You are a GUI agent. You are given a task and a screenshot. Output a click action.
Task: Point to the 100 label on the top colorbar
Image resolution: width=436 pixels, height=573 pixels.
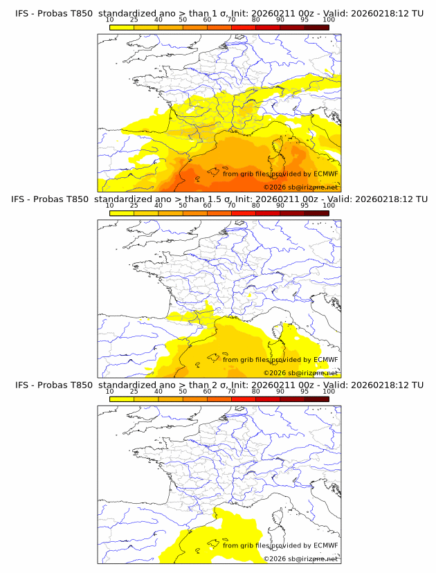pos(328,19)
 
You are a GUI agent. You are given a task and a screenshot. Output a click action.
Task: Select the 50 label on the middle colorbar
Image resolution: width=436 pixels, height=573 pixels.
pos(183,206)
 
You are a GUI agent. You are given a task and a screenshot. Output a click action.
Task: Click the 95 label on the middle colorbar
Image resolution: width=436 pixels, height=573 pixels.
pos(305,206)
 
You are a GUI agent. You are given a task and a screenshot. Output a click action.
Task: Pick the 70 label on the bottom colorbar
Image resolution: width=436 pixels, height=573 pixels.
pos(231,391)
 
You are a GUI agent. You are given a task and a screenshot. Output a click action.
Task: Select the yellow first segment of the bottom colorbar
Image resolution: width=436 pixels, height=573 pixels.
pos(121,398)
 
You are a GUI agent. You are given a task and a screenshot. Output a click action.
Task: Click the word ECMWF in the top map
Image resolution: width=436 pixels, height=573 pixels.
pos(325,174)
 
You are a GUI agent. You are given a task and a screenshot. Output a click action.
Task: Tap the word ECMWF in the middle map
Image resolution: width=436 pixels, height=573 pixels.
pos(325,359)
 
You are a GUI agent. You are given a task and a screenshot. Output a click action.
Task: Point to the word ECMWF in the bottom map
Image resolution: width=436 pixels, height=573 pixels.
pos(325,545)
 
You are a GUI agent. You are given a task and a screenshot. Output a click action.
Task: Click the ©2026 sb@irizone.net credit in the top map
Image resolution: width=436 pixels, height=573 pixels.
pos(300,187)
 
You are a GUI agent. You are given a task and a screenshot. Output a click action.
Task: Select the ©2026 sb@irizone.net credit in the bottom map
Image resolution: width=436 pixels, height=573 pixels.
pos(300,558)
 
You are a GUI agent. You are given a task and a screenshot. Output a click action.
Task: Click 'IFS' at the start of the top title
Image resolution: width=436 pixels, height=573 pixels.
pos(22,14)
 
